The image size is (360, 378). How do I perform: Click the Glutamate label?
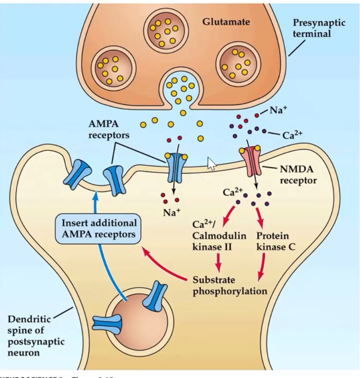(x=226, y=22)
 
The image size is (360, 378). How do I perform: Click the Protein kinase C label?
(x=273, y=242)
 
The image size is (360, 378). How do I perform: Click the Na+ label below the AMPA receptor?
(x=171, y=212)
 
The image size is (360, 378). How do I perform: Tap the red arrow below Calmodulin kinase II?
(x=219, y=262)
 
